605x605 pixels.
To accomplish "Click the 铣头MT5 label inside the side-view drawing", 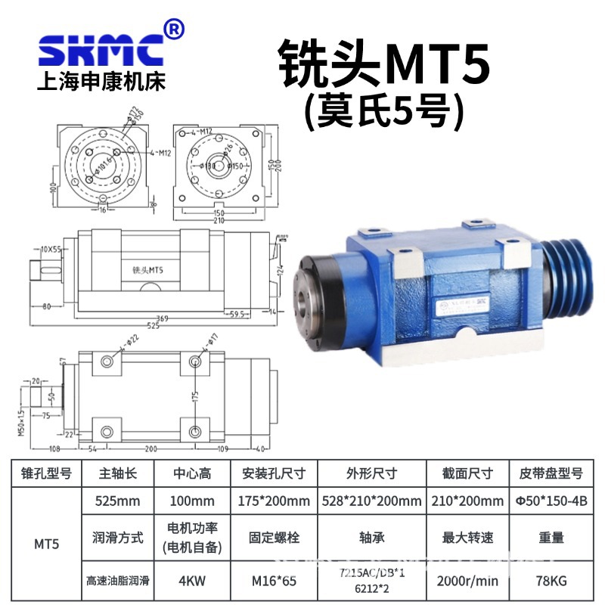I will (x=147, y=269).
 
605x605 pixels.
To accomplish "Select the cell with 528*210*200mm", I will (x=370, y=501).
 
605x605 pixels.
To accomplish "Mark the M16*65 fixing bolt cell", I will (x=275, y=582).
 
